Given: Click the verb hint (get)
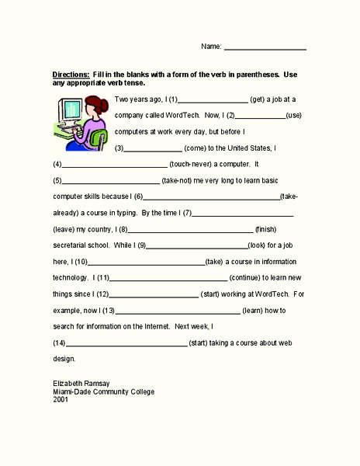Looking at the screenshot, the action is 261,99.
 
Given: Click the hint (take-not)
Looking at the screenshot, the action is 182,180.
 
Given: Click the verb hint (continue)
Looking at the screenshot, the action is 253,277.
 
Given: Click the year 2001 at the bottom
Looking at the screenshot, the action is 61,399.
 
